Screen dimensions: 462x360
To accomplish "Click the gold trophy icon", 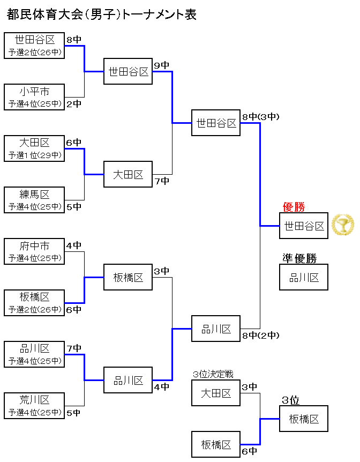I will coord(343,225).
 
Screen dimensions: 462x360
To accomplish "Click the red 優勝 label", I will coord(294,207).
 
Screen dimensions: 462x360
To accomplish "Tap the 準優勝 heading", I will coord(299,258).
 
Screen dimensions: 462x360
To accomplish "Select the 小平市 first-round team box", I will coord(34,97).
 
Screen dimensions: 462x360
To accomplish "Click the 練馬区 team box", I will coord(34,200).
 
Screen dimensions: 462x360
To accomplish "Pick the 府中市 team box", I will coord(34,251).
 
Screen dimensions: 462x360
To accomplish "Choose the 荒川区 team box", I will coord(34,406).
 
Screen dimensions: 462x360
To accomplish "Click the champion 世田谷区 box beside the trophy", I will coord(304,226).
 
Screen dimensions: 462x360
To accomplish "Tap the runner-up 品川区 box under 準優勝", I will coord(304,277).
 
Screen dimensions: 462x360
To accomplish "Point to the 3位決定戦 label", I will coord(213,374).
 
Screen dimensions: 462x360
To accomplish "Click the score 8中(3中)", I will coord(260,116).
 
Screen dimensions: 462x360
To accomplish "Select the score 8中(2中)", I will coord(260,336).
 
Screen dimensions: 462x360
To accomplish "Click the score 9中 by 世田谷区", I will coord(161,65).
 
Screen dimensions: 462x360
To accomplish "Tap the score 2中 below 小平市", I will coord(74,104).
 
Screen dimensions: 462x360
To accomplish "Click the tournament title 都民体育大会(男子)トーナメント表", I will coord(102,15).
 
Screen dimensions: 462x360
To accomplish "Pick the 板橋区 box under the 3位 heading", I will coord(304,419).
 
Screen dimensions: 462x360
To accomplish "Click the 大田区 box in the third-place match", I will coord(216,393).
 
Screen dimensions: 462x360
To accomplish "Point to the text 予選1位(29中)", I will coord(34,155).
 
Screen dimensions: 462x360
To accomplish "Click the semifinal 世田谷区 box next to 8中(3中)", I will coord(216,123).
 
